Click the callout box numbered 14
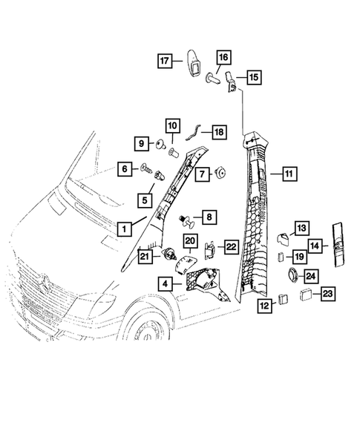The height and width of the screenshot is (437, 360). tap(315, 245)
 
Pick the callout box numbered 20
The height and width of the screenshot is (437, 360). tap(189, 241)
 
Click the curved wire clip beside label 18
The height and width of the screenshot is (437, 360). tap(194, 132)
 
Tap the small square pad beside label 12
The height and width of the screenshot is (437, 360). tap(284, 300)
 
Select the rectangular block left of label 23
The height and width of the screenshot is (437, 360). tap(304, 294)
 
